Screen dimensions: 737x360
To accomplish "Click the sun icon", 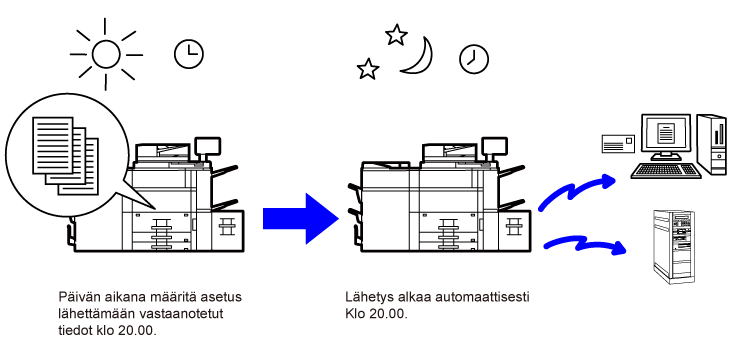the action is click(x=106, y=54).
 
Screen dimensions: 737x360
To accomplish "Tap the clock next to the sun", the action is click(x=188, y=54).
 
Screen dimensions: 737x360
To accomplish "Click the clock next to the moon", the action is click(x=474, y=59).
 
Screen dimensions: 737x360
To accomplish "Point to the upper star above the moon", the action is click(x=396, y=35).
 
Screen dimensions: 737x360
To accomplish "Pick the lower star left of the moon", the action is click(x=368, y=69).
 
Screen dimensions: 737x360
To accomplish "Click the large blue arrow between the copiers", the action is click(x=301, y=219).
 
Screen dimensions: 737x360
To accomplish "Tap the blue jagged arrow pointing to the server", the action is click(x=586, y=245).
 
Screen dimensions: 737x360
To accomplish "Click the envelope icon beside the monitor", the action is click(x=619, y=143).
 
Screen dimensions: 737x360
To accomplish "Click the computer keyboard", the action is click(x=666, y=171).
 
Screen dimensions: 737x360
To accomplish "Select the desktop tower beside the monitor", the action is click(x=712, y=144).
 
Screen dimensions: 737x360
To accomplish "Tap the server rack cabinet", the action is click(x=674, y=247).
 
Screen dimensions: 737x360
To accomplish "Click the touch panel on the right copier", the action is click(x=494, y=146).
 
